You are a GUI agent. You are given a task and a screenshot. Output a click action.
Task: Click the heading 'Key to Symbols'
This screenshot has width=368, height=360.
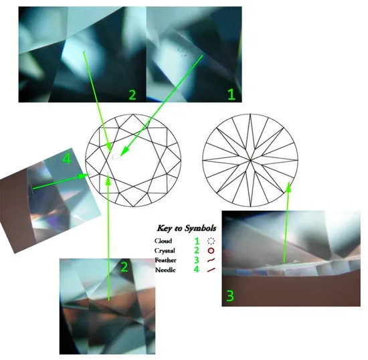pyautogui.click(x=187, y=228)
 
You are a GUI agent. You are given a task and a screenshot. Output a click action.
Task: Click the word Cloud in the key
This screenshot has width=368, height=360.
pyautogui.click(x=163, y=241)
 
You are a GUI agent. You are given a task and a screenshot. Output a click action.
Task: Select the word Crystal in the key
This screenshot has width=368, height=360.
pyautogui.click(x=165, y=251)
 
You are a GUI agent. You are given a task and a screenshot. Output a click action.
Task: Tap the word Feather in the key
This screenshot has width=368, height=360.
pyautogui.click(x=165, y=260)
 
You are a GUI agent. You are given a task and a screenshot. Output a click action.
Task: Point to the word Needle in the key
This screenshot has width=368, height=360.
pyautogui.click(x=165, y=270)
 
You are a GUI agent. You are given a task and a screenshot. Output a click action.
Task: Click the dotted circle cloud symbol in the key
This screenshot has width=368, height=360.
pyautogui.click(x=211, y=241)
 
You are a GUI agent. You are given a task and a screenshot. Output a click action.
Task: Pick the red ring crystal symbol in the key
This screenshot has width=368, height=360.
pyautogui.click(x=211, y=251)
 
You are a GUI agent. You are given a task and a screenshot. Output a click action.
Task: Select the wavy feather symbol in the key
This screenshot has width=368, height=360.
pyautogui.click(x=211, y=260)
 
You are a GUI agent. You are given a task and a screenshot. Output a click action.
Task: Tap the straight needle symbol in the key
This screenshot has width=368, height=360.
pyautogui.click(x=211, y=270)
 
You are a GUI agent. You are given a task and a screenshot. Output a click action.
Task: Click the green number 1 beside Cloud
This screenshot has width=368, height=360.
pyautogui.click(x=197, y=241)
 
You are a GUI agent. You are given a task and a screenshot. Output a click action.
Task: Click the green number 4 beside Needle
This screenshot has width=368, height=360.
pyautogui.click(x=197, y=269)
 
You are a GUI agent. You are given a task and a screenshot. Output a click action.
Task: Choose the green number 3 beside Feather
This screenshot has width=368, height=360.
pyautogui.click(x=197, y=260)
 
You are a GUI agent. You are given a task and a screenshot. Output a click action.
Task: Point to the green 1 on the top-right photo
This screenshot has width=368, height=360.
pyautogui.click(x=232, y=94)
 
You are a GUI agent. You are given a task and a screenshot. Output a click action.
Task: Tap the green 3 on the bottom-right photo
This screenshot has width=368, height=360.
pyautogui.click(x=230, y=296)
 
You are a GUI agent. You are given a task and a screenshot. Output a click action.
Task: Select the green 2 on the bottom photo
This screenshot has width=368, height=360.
pyautogui.click(x=124, y=267)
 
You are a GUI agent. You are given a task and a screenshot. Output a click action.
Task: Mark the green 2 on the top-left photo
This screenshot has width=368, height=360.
pyautogui.click(x=132, y=95)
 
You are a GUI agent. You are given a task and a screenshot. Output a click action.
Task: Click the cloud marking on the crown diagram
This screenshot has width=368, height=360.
pyautogui.click(x=116, y=157)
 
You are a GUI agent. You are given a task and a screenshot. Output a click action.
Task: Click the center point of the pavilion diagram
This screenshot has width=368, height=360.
pyautogui.click(x=250, y=161)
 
